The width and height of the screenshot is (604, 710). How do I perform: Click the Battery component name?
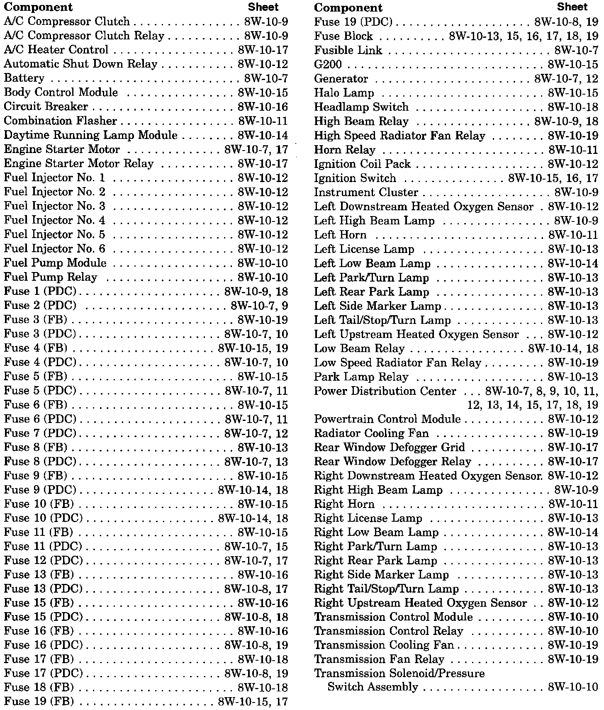[x=24, y=78]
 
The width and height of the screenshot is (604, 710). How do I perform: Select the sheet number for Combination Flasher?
[x=263, y=121]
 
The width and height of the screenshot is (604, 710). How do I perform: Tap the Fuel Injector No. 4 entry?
[x=54, y=220]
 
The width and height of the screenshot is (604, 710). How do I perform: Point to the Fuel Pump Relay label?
[x=50, y=277]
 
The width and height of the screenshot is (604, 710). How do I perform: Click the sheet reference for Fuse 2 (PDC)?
[x=259, y=306]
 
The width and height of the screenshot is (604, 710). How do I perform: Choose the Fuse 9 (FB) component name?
[x=35, y=476]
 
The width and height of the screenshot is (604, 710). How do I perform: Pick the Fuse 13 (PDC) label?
[x=43, y=589]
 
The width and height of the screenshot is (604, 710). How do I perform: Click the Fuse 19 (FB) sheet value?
[x=253, y=702]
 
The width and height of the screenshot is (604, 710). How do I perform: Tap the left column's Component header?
[x=38, y=7]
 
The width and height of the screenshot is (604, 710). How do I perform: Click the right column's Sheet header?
[x=572, y=7]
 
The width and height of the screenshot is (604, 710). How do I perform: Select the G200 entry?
[x=328, y=65]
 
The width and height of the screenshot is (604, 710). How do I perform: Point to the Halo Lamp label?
[x=344, y=93]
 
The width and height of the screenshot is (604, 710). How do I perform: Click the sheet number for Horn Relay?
[x=573, y=150]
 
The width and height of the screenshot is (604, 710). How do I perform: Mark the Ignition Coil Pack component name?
[x=362, y=164]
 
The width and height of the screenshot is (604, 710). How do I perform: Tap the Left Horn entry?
[x=340, y=235]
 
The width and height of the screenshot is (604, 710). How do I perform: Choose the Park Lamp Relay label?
[x=361, y=377]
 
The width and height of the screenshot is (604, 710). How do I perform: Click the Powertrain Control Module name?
[x=387, y=419]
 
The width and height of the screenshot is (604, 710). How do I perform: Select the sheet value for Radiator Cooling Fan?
[x=573, y=433]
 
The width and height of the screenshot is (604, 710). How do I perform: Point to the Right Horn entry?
[x=344, y=504]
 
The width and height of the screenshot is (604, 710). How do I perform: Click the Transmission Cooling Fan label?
[x=384, y=645]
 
